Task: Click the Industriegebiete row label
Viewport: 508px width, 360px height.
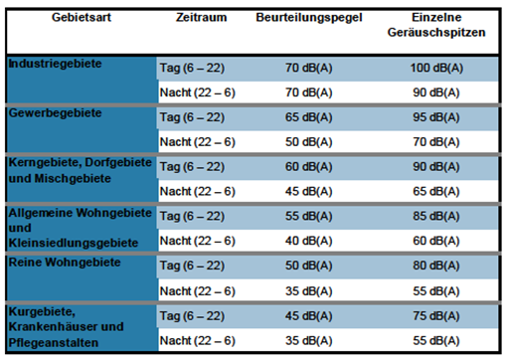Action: click(x=56, y=65)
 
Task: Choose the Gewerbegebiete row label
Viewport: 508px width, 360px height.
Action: click(x=55, y=114)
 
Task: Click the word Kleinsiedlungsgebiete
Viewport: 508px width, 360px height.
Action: click(x=71, y=241)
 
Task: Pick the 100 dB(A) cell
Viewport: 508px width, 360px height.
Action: click(x=434, y=67)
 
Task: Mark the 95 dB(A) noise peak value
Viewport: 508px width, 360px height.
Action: click(x=434, y=116)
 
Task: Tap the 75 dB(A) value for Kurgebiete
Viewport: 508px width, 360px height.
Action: click(x=434, y=315)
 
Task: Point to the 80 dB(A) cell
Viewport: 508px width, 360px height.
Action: click(x=434, y=266)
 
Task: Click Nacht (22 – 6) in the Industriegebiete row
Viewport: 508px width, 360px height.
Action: click(x=197, y=91)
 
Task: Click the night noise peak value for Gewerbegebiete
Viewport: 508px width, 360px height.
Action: click(x=434, y=142)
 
